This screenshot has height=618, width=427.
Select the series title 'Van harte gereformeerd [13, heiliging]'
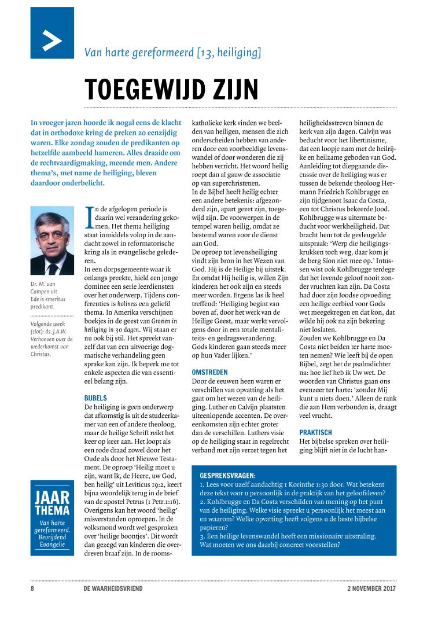pyautogui.click(x=172, y=53)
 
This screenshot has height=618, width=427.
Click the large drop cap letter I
pyautogui.click(x=88, y=216)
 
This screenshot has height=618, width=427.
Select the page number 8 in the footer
pyautogui.click(x=32, y=588)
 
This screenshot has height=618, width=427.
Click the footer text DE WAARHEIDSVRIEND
pyautogui.click(x=112, y=588)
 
